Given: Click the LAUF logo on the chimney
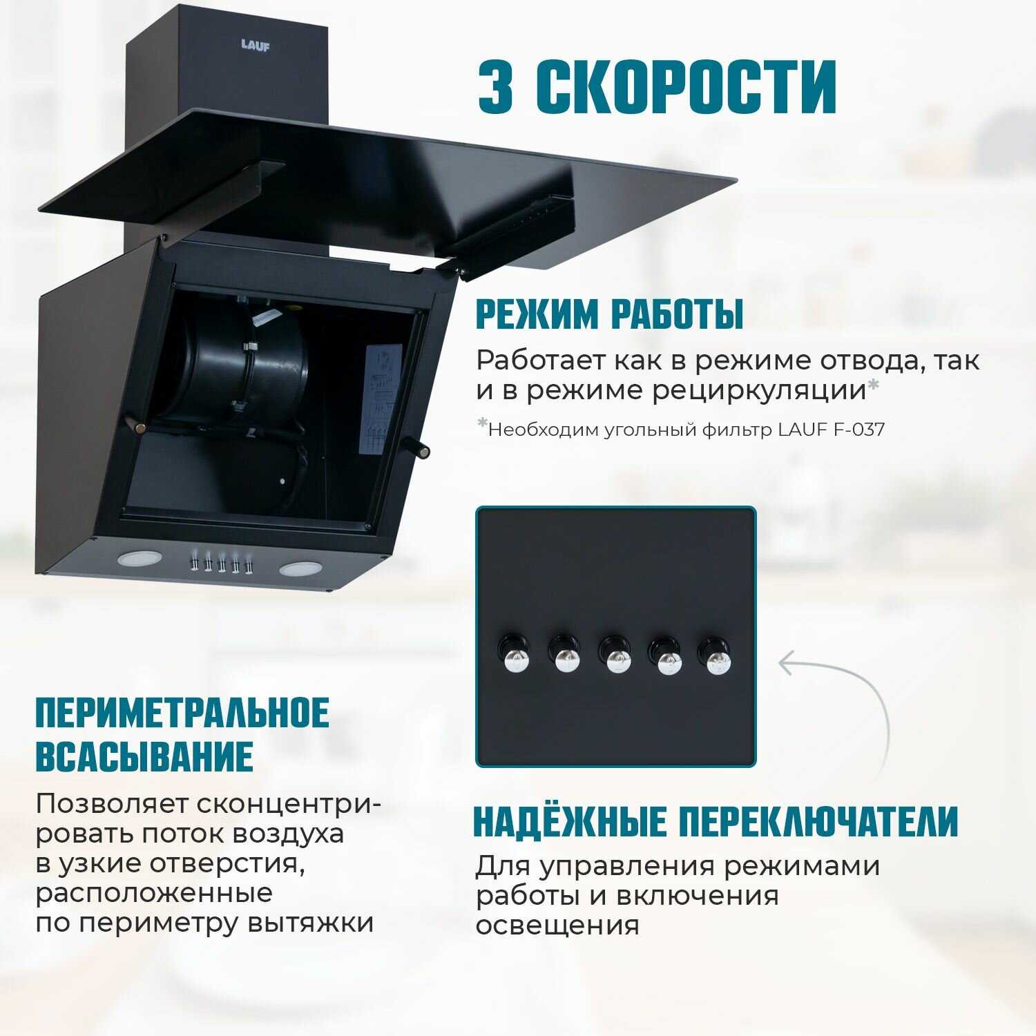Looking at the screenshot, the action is click(x=256, y=46).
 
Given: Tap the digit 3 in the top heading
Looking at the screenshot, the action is click(x=496, y=86).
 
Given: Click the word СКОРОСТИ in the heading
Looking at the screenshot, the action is click(x=687, y=86).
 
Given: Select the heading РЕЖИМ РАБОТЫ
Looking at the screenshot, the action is click(x=609, y=315).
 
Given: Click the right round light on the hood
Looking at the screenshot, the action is click(x=300, y=569).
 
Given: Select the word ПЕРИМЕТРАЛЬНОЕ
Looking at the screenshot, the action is click(x=182, y=713).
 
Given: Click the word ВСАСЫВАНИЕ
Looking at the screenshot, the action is click(x=144, y=756).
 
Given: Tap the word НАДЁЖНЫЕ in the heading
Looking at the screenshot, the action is click(x=570, y=821).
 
